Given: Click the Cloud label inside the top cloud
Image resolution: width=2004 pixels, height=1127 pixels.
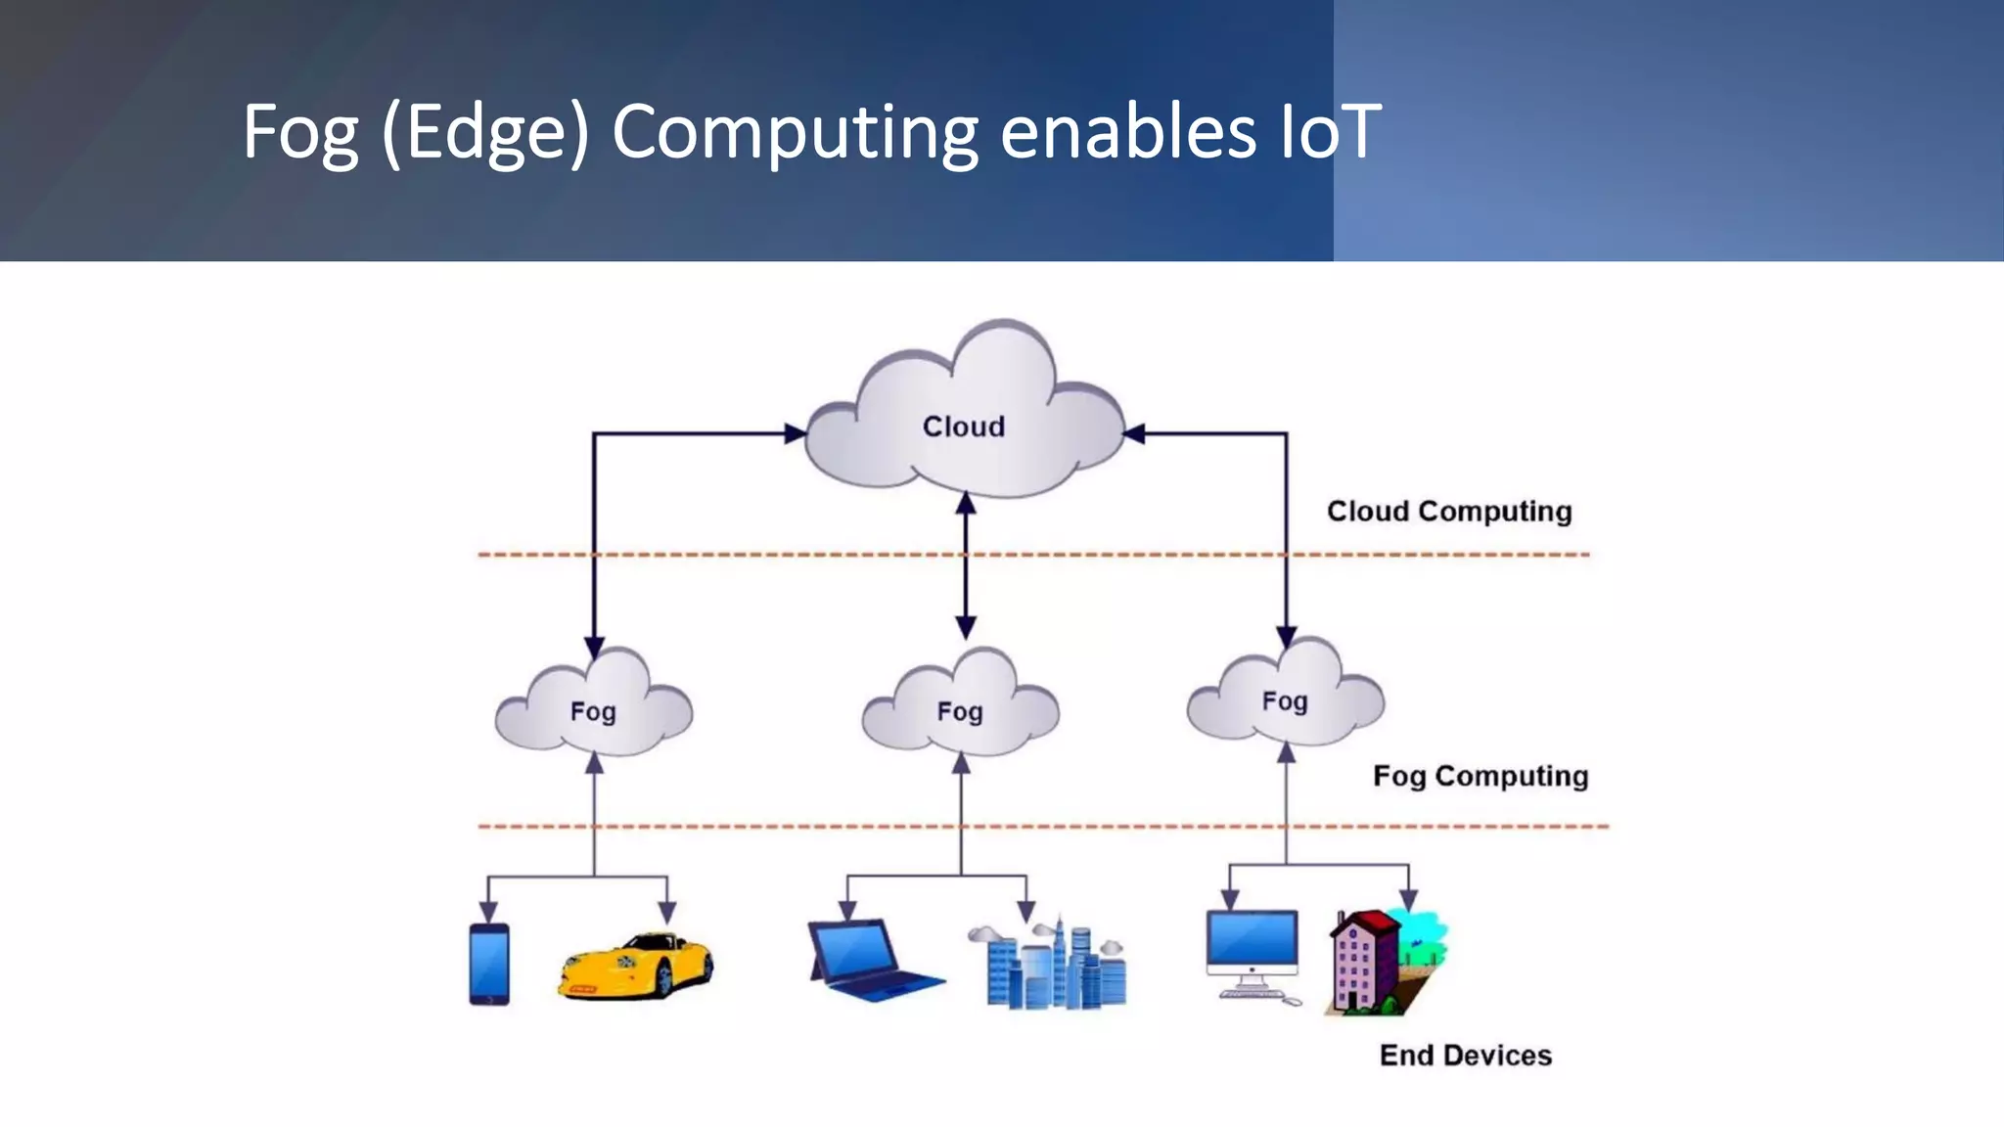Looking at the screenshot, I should pos(964,427).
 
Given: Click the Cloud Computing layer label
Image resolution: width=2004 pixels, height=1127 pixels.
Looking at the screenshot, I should pos(1449,512).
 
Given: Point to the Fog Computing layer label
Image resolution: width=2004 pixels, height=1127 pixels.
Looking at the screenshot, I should pos(1480,776).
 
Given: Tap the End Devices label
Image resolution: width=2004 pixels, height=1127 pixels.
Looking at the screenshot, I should pos(1466,1056).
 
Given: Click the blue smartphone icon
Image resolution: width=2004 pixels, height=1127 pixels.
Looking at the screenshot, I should pos(489,964).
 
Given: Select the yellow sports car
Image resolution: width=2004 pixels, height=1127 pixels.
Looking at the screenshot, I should pos(636,967).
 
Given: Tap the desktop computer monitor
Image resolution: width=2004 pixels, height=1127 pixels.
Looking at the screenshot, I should pos(1252,944).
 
